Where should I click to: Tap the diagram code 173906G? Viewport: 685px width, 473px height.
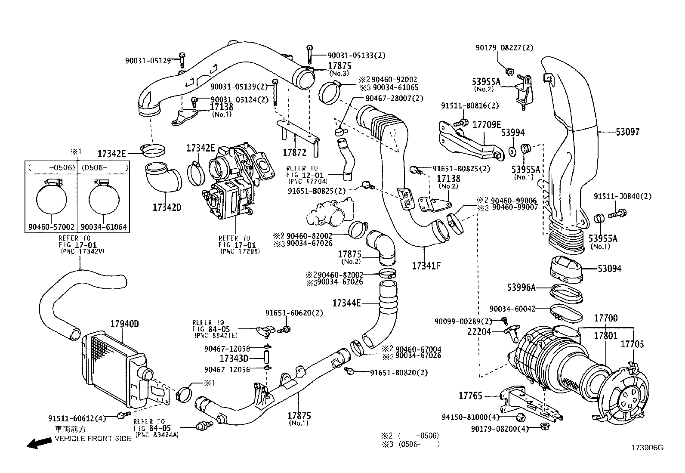pyautogui.click(x=647, y=448)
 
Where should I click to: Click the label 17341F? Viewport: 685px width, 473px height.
pyautogui.click(x=426, y=266)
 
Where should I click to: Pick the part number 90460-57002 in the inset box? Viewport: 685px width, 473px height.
pyautogui.click(x=51, y=227)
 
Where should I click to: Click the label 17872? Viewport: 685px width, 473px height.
pyautogui.click(x=294, y=152)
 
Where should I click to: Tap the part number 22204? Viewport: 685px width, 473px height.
pyautogui.click(x=479, y=331)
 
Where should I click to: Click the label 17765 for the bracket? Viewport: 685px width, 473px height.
pyautogui.click(x=470, y=396)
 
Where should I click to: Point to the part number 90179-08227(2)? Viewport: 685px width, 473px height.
pyautogui.click(x=504, y=48)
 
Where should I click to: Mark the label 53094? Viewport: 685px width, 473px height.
pyautogui.click(x=609, y=269)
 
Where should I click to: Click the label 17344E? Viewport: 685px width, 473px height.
pyautogui.click(x=346, y=303)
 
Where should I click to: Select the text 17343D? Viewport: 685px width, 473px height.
pyautogui.click(x=234, y=359)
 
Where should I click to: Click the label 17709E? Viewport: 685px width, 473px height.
pyautogui.click(x=487, y=125)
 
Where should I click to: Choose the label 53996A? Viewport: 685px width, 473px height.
pyautogui.click(x=521, y=288)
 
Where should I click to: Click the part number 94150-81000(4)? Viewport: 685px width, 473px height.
pyautogui.click(x=471, y=417)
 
